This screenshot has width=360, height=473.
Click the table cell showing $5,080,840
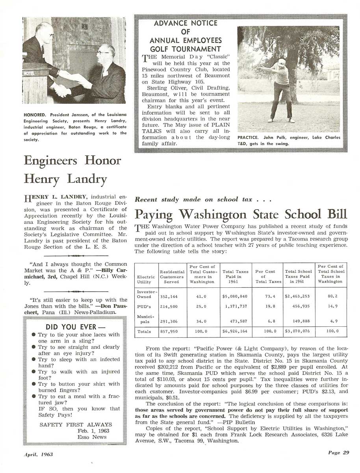[235, 296]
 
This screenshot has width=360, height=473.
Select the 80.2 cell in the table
[330, 296]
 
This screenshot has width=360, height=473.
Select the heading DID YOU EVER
[76, 327]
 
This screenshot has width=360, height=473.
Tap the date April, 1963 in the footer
[38, 454]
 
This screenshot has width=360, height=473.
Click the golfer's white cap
[281, 62]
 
